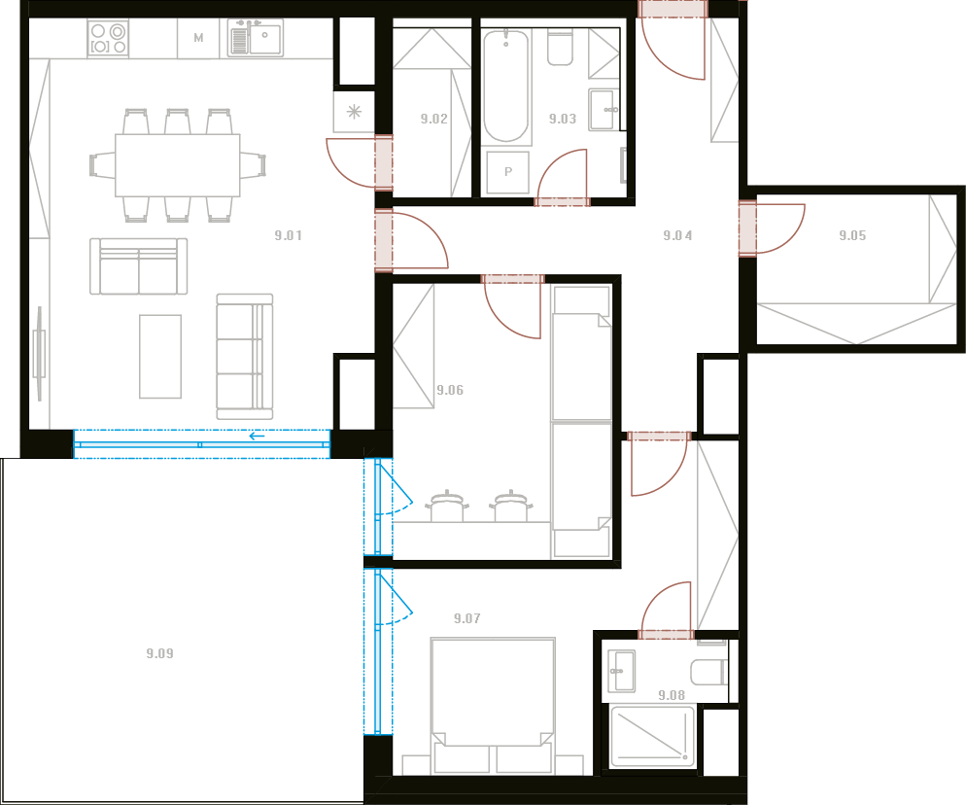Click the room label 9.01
289,235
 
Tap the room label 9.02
433,119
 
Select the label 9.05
852,235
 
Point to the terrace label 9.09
159,653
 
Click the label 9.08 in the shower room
672,695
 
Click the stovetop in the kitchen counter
108,38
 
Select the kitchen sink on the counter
256,38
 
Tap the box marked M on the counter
198,38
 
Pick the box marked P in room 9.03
508,172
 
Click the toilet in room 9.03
560,47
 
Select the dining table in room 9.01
178,165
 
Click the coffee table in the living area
160,356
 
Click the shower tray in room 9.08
652,737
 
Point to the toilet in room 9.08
709,672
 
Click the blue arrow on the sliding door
257,437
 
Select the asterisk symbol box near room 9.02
354,112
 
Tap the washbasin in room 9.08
622,671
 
